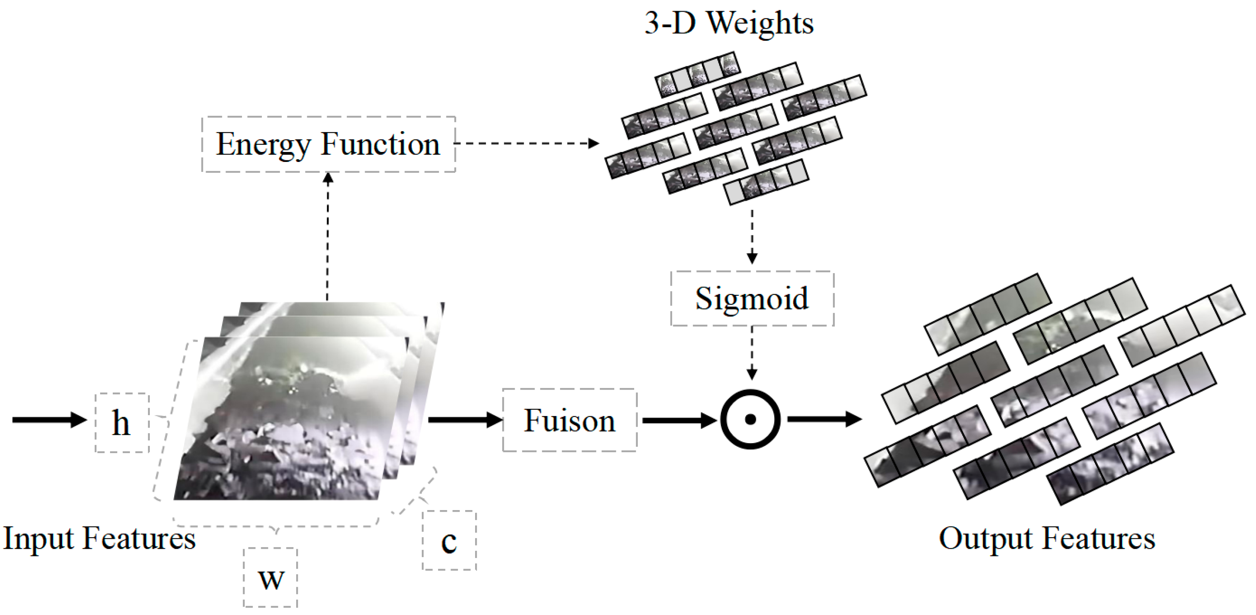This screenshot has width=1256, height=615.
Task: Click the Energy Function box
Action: click(x=328, y=144)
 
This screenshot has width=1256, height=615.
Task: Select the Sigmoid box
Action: click(x=751, y=298)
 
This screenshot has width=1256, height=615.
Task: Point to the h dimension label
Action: click(x=122, y=423)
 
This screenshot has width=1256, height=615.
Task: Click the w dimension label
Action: click(x=271, y=578)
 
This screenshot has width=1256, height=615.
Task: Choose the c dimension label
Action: click(x=449, y=540)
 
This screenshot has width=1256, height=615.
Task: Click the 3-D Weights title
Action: click(x=729, y=22)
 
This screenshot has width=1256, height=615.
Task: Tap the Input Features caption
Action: click(x=99, y=538)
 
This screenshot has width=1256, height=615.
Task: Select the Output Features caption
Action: click(x=1047, y=538)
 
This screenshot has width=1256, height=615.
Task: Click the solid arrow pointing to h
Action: click(x=49, y=420)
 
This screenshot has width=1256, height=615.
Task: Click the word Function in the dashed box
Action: click(x=380, y=144)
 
